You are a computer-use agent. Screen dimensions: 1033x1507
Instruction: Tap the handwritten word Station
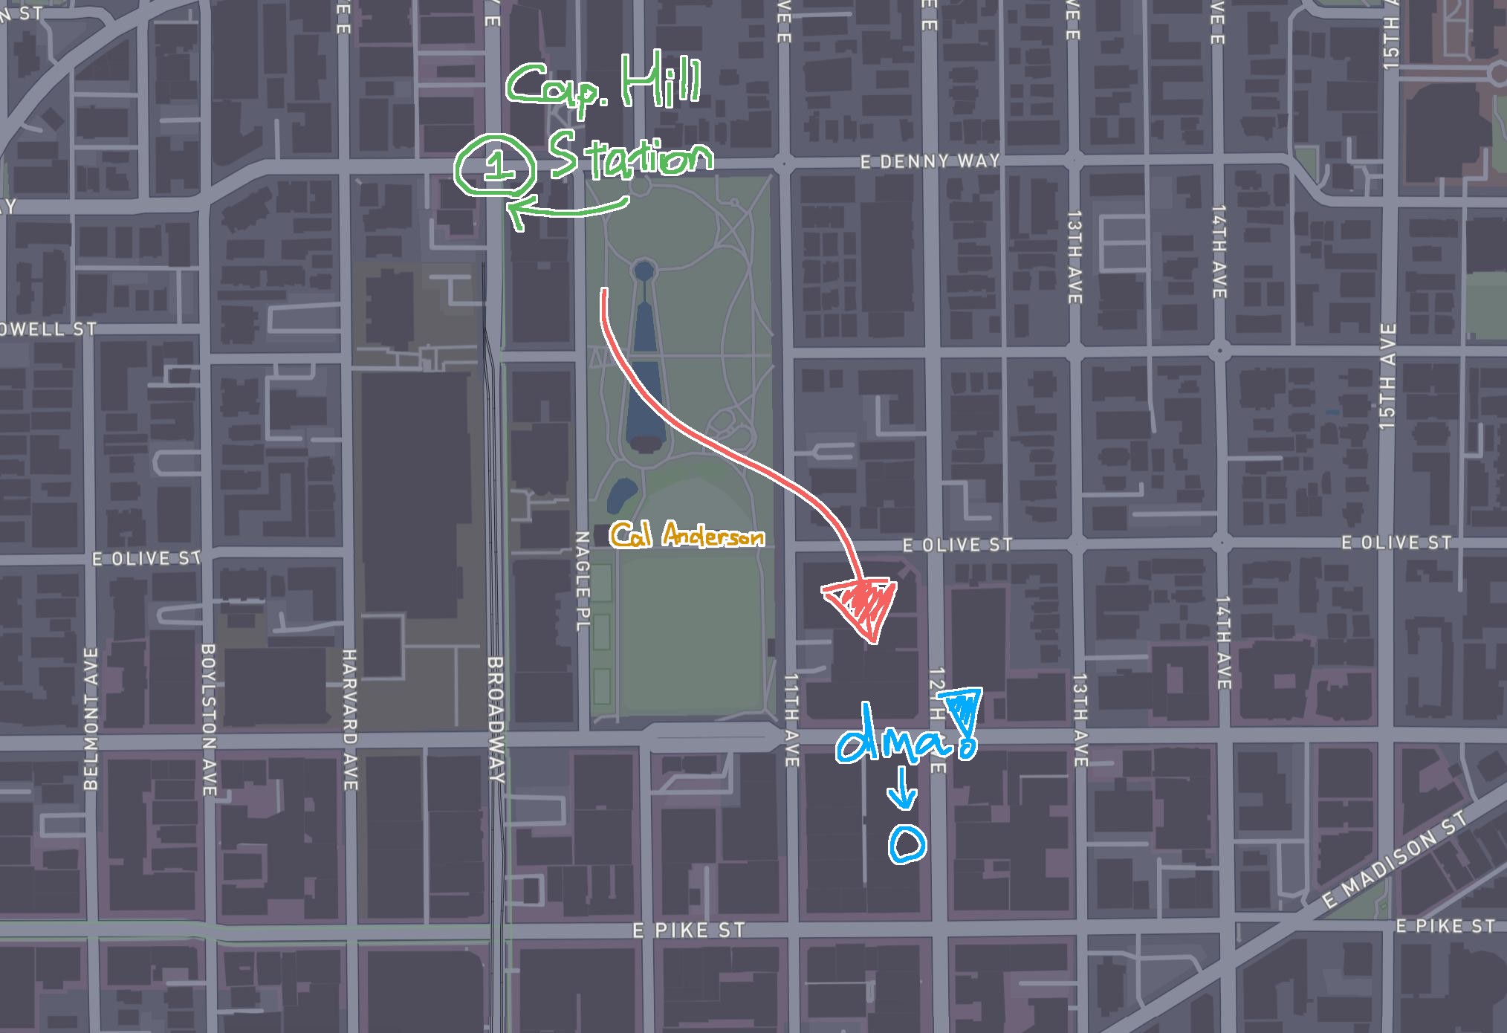[x=630, y=156]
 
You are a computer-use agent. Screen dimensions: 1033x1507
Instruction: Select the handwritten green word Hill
[x=661, y=82]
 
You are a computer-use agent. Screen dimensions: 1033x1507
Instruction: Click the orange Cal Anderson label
[x=687, y=535]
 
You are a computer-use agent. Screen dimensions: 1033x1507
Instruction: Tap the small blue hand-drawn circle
[x=907, y=844]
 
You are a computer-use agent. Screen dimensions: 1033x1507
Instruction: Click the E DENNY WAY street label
[x=930, y=161]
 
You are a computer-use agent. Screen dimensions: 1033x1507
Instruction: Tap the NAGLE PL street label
[x=583, y=581]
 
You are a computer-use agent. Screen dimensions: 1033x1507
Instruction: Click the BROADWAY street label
[x=496, y=719]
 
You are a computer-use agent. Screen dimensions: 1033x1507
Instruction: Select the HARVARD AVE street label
[x=349, y=719]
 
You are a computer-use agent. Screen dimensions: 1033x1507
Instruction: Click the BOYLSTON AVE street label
[x=210, y=719]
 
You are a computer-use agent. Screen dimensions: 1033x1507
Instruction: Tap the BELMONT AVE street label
[x=91, y=719]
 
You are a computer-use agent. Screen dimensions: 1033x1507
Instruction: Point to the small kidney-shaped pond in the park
[x=621, y=494]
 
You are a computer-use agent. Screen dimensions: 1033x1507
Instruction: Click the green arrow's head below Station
[x=515, y=213]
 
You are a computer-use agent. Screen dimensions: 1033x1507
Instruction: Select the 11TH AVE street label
[x=791, y=719]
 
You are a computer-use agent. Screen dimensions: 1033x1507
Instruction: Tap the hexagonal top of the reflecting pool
[x=644, y=269]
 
